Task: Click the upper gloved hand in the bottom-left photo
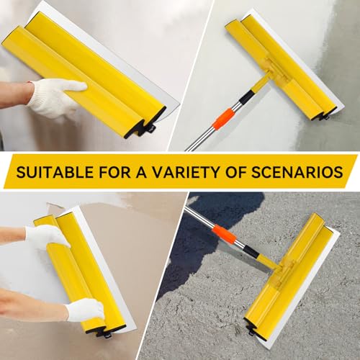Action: [45, 235]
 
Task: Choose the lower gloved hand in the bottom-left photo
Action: [83, 310]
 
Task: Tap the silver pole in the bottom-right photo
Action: [202, 220]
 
